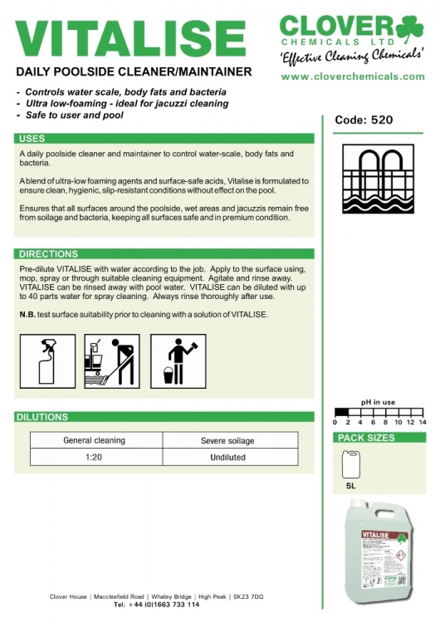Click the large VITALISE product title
pyautogui.click(x=130, y=39)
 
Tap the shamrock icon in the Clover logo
pyautogui.click(x=409, y=29)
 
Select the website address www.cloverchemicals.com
pyautogui.click(x=353, y=76)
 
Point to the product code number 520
pyautogui.click(x=381, y=120)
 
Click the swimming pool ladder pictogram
pyautogui.click(x=378, y=179)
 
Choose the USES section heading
pyautogui.click(x=32, y=139)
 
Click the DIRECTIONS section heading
pyautogui.click(x=48, y=254)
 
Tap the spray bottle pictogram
pyautogui.click(x=47, y=361)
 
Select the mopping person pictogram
pyautogui.click(x=112, y=361)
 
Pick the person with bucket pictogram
pyautogui.click(x=178, y=361)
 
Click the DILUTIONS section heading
pyautogui.click(x=42, y=417)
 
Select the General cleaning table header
pyautogui.click(x=94, y=440)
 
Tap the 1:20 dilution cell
pyautogui.click(x=94, y=458)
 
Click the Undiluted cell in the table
pyautogui.click(x=228, y=458)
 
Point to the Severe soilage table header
pyautogui.click(x=227, y=440)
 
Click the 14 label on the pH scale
pyautogui.click(x=423, y=422)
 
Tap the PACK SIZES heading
pyautogui.click(x=366, y=438)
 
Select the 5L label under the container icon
pyautogui.click(x=350, y=486)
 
